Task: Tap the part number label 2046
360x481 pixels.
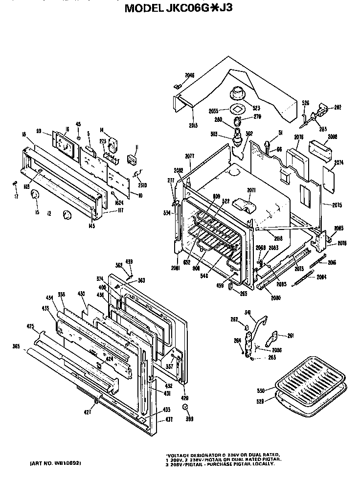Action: (x=190, y=75)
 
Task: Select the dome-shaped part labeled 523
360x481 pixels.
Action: (x=238, y=92)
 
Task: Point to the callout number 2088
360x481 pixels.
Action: (x=333, y=137)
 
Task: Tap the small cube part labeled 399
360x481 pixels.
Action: (x=185, y=407)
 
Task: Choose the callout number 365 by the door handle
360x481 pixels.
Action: (x=16, y=346)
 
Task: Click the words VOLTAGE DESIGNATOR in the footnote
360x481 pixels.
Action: (x=191, y=454)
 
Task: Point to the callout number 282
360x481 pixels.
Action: (x=337, y=107)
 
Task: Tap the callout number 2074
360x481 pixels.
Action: (x=338, y=162)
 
